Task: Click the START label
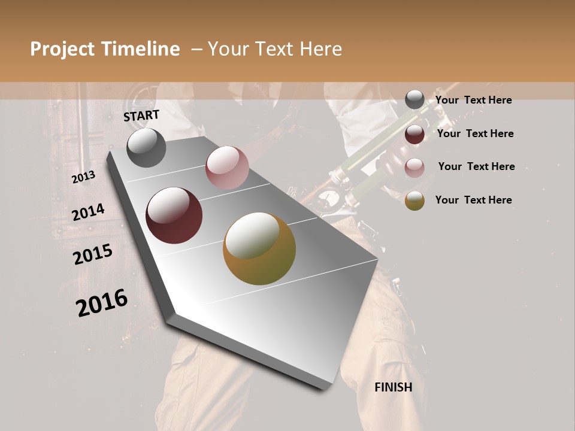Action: pyautogui.click(x=141, y=116)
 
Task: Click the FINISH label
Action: pyautogui.click(x=394, y=387)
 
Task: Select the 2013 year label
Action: pyautogui.click(x=84, y=177)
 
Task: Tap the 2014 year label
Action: pyautogui.click(x=88, y=213)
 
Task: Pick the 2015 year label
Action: pyautogui.click(x=93, y=254)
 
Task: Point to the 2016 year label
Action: pyautogui.click(x=102, y=303)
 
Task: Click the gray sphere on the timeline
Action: pyautogui.click(x=146, y=148)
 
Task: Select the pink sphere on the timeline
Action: pyautogui.click(x=227, y=168)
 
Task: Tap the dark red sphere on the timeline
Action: pyautogui.click(x=174, y=215)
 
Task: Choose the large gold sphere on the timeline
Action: pyautogui.click(x=259, y=248)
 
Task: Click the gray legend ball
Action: pyautogui.click(x=414, y=100)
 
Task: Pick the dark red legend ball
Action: pyautogui.click(x=414, y=134)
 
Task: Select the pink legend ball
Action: pyautogui.click(x=414, y=168)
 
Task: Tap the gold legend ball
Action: pyautogui.click(x=414, y=201)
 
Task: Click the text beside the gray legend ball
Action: pyautogui.click(x=473, y=100)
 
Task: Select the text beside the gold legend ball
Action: pyautogui.click(x=473, y=200)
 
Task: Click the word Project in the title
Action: pyautogui.click(x=62, y=49)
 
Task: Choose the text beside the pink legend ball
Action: pyautogui.click(x=476, y=166)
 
